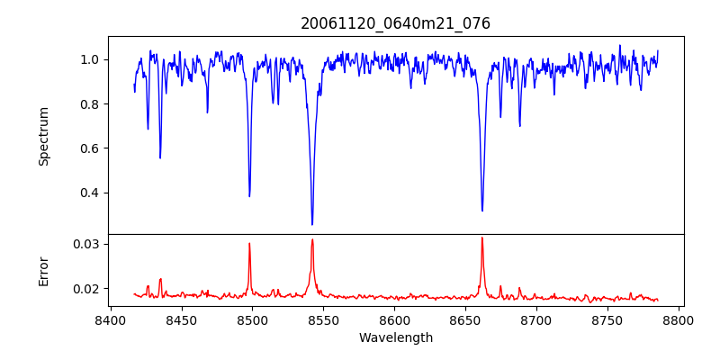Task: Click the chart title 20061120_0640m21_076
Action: [395, 23]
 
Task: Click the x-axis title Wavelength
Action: [395, 337]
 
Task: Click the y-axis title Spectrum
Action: [44, 136]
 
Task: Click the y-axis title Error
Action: [44, 271]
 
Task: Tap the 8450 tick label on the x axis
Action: [181, 319]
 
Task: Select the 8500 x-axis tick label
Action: [252, 319]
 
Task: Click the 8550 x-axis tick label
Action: [323, 319]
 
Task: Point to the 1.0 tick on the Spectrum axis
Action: [90, 59]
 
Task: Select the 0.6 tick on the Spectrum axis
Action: [90, 148]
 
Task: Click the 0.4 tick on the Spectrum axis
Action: [90, 193]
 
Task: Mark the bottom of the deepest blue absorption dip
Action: [312, 224]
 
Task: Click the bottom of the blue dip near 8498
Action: [249, 196]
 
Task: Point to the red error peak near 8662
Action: [482, 238]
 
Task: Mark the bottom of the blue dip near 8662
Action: [482, 211]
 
